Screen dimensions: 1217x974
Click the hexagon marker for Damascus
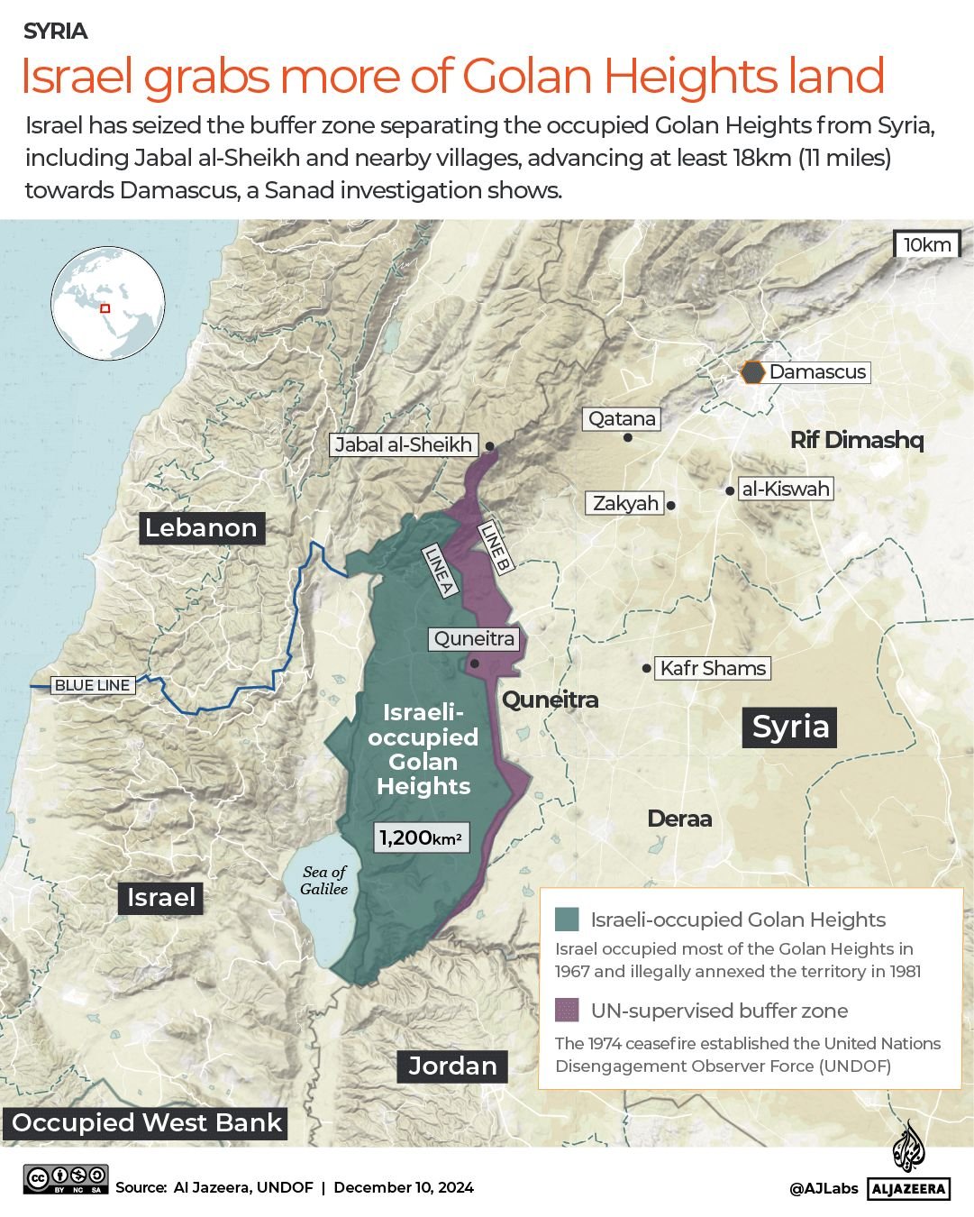(751, 372)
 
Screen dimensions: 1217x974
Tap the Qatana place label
(622, 418)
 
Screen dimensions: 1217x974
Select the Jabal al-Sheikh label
(403, 444)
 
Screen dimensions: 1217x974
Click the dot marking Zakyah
(671, 505)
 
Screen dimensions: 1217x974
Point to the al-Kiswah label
(785, 489)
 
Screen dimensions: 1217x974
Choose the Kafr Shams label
(713, 668)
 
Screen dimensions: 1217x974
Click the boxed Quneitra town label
(474, 639)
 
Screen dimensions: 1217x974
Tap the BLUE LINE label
(93, 685)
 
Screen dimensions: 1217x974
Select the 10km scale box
(927, 244)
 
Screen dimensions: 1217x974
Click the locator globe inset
(108, 303)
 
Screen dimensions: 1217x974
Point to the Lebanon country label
(201, 527)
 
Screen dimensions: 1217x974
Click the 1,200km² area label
(421, 837)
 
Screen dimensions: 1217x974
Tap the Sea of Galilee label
(324, 880)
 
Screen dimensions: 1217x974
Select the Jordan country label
(452, 1066)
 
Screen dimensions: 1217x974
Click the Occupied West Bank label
(147, 1122)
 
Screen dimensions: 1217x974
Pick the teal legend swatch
(567, 920)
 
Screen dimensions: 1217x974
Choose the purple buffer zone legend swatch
(567, 1010)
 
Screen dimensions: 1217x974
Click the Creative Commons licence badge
(66, 1179)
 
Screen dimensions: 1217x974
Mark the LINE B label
(496, 547)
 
